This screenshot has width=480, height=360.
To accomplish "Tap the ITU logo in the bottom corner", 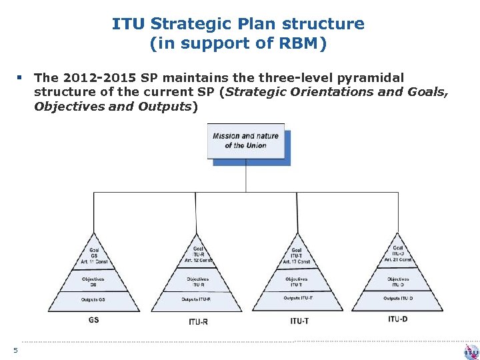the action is click(471, 351).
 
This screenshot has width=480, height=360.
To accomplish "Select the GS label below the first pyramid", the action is click(93, 320).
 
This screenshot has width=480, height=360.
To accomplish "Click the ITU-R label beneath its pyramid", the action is click(198, 321).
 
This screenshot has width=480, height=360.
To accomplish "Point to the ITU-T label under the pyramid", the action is click(299, 321).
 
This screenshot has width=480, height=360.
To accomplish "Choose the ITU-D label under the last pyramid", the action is click(397, 319).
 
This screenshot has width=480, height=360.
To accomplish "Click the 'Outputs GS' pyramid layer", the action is click(93, 299).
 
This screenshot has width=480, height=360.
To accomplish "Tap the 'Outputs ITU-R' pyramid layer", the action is click(198, 299).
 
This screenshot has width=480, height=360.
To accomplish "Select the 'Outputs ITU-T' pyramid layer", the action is click(298, 298).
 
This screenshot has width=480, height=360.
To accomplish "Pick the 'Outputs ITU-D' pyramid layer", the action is click(398, 298).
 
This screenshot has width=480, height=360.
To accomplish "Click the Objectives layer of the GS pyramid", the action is click(93, 281).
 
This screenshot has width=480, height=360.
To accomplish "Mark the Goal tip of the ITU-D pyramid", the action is click(398, 253).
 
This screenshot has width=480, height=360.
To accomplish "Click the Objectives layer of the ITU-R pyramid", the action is click(198, 281).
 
